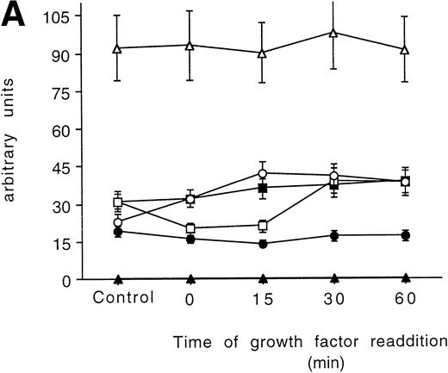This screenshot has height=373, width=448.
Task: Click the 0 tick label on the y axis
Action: [77, 280]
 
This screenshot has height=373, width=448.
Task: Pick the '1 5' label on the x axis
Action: [262, 300]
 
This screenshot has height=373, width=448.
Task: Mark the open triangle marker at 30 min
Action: [333, 33]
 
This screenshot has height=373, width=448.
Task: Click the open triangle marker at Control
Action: [118, 48]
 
